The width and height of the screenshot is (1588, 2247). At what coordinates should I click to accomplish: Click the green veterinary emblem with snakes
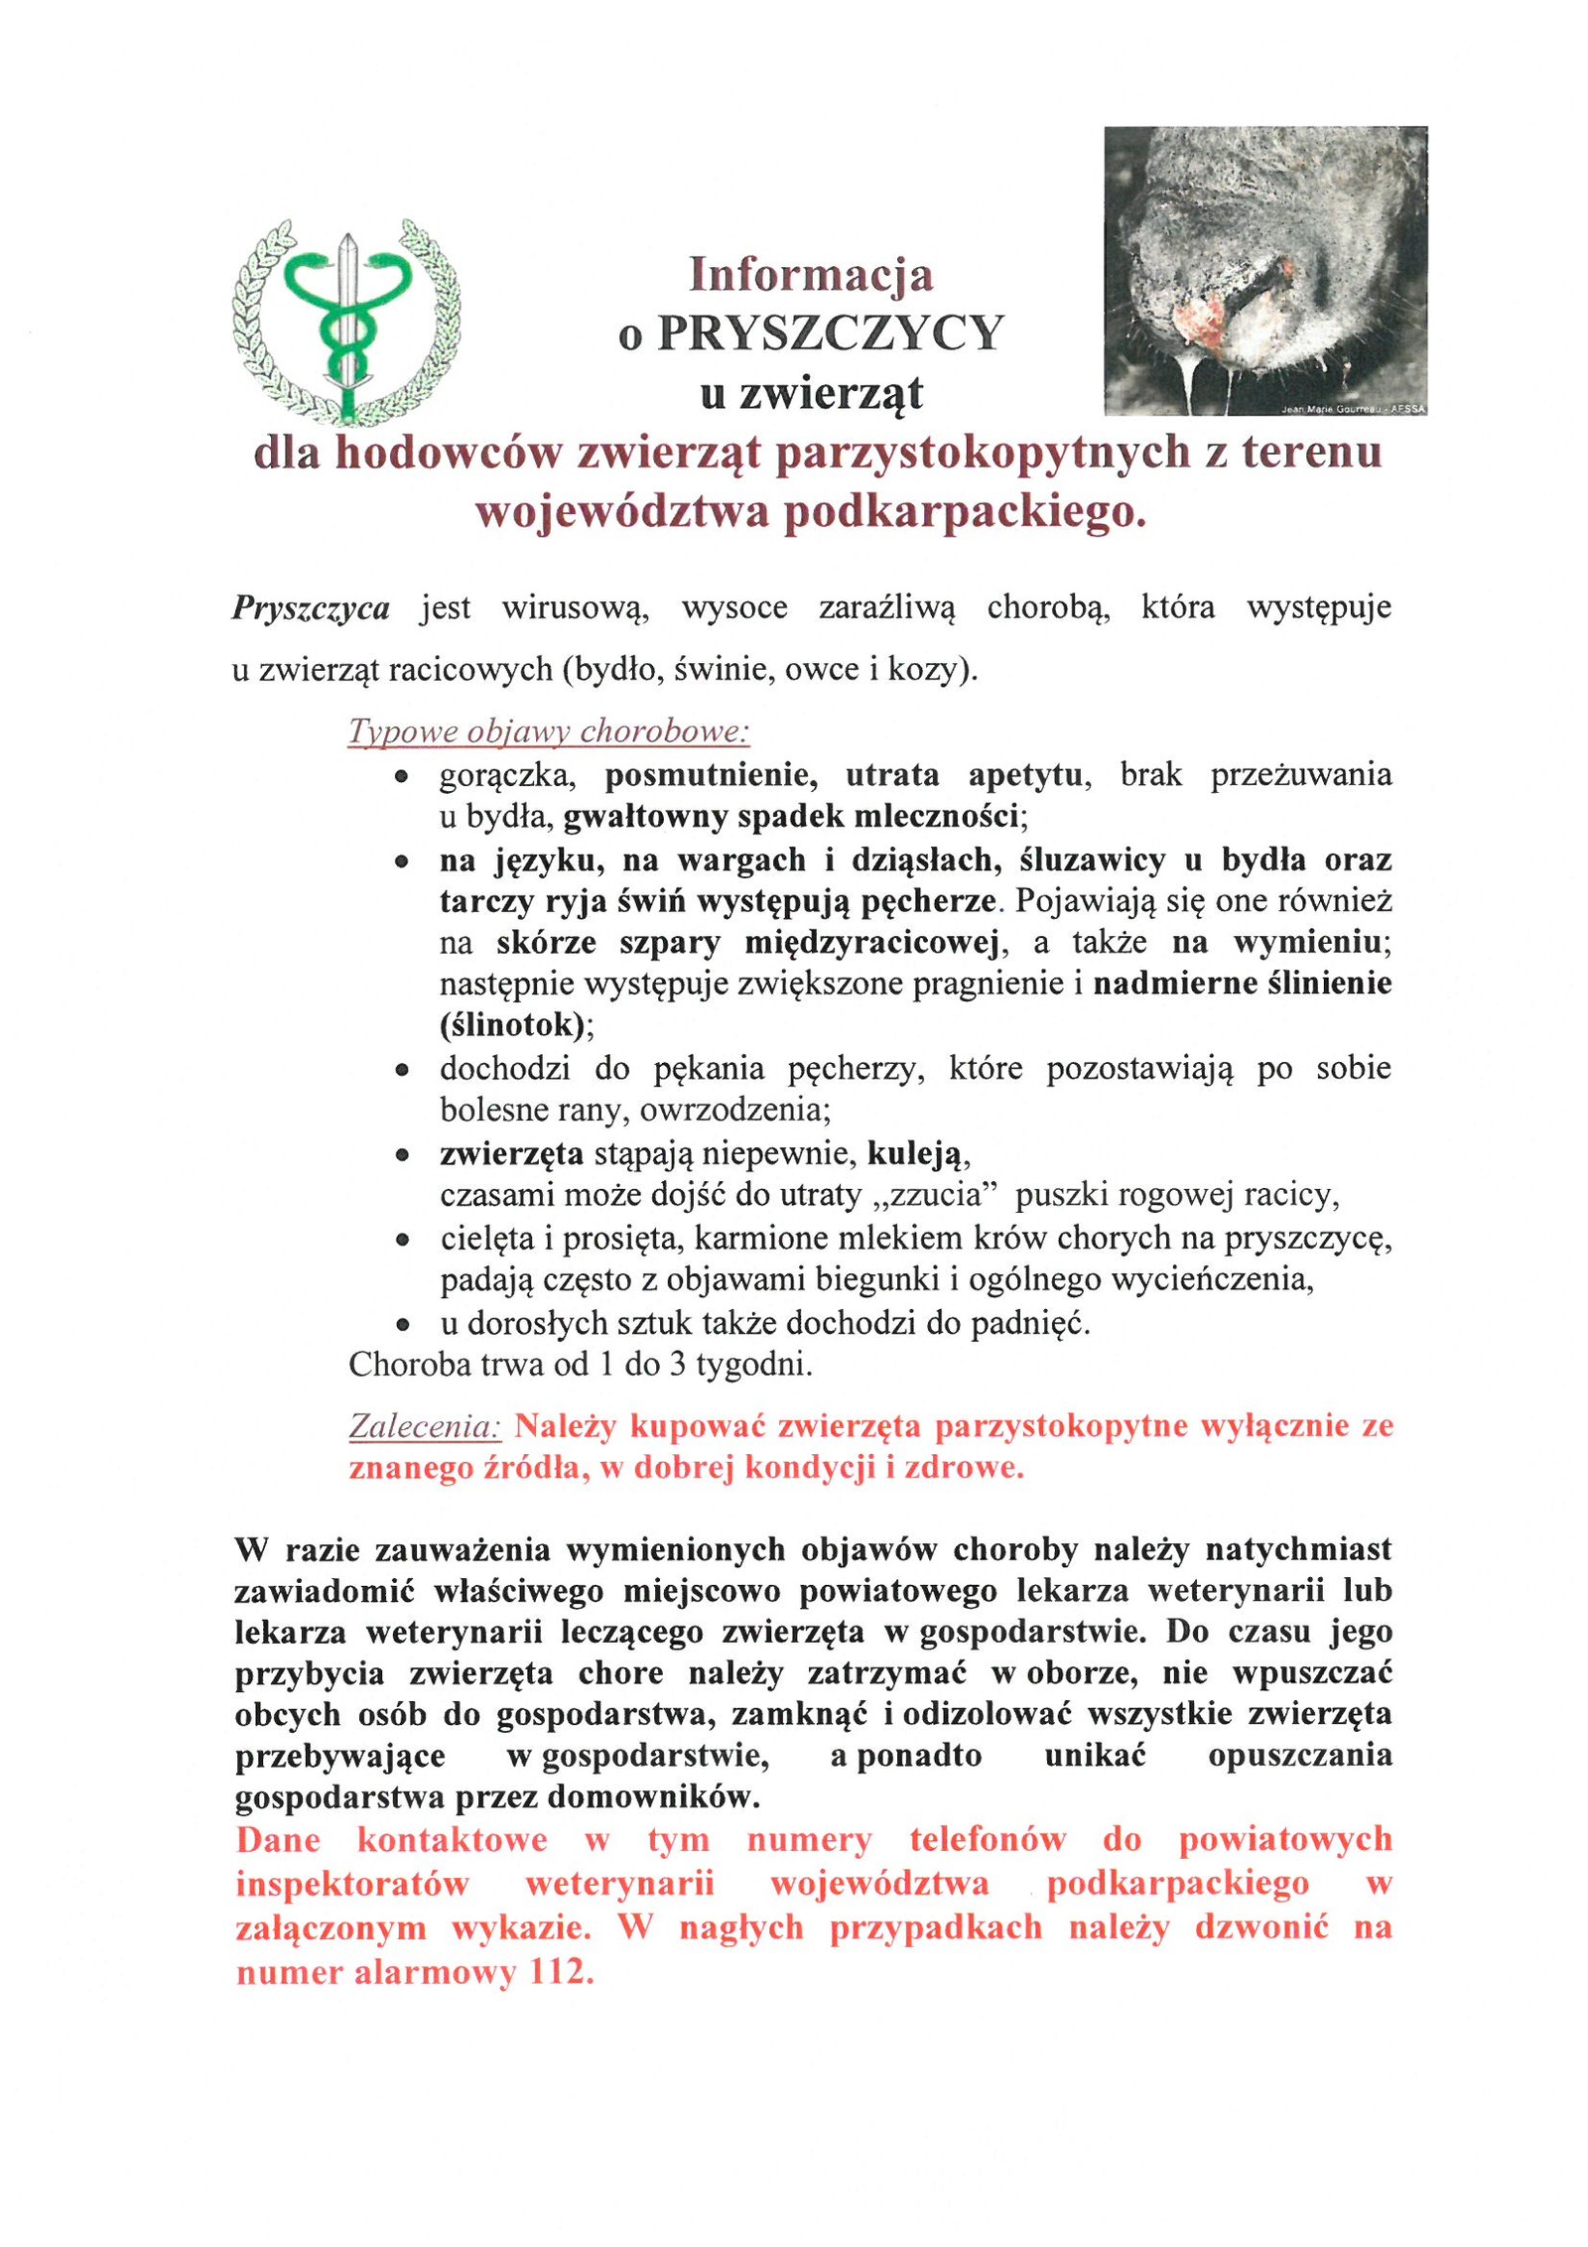pyautogui.click(x=346, y=320)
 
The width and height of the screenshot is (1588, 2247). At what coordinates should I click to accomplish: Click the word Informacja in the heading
pyautogui.click(x=811, y=274)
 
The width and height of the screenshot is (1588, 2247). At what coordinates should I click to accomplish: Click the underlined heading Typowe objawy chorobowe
pyautogui.click(x=549, y=732)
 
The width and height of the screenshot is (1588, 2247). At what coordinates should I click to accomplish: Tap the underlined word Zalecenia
pyautogui.click(x=425, y=1427)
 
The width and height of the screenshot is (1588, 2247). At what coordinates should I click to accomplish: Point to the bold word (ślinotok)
pyautogui.click(x=512, y=1025)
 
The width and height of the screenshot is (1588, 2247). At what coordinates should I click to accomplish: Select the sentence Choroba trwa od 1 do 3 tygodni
pyautogui.click(x=581, y=1365)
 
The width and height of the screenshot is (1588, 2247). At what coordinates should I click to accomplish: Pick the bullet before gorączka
pyautogui.click(x=401, y=777)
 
